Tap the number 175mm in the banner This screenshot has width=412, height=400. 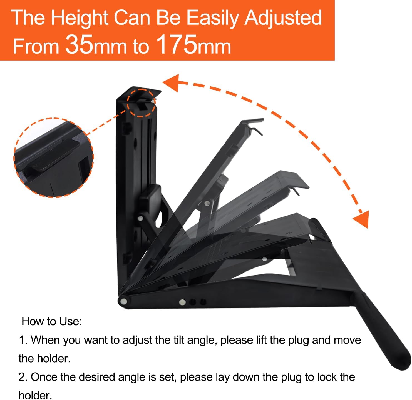coord(193,44)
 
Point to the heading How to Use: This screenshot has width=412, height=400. coord(52,321)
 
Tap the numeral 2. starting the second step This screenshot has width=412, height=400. coord(23,377)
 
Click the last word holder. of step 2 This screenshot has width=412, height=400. coord(35,395)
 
